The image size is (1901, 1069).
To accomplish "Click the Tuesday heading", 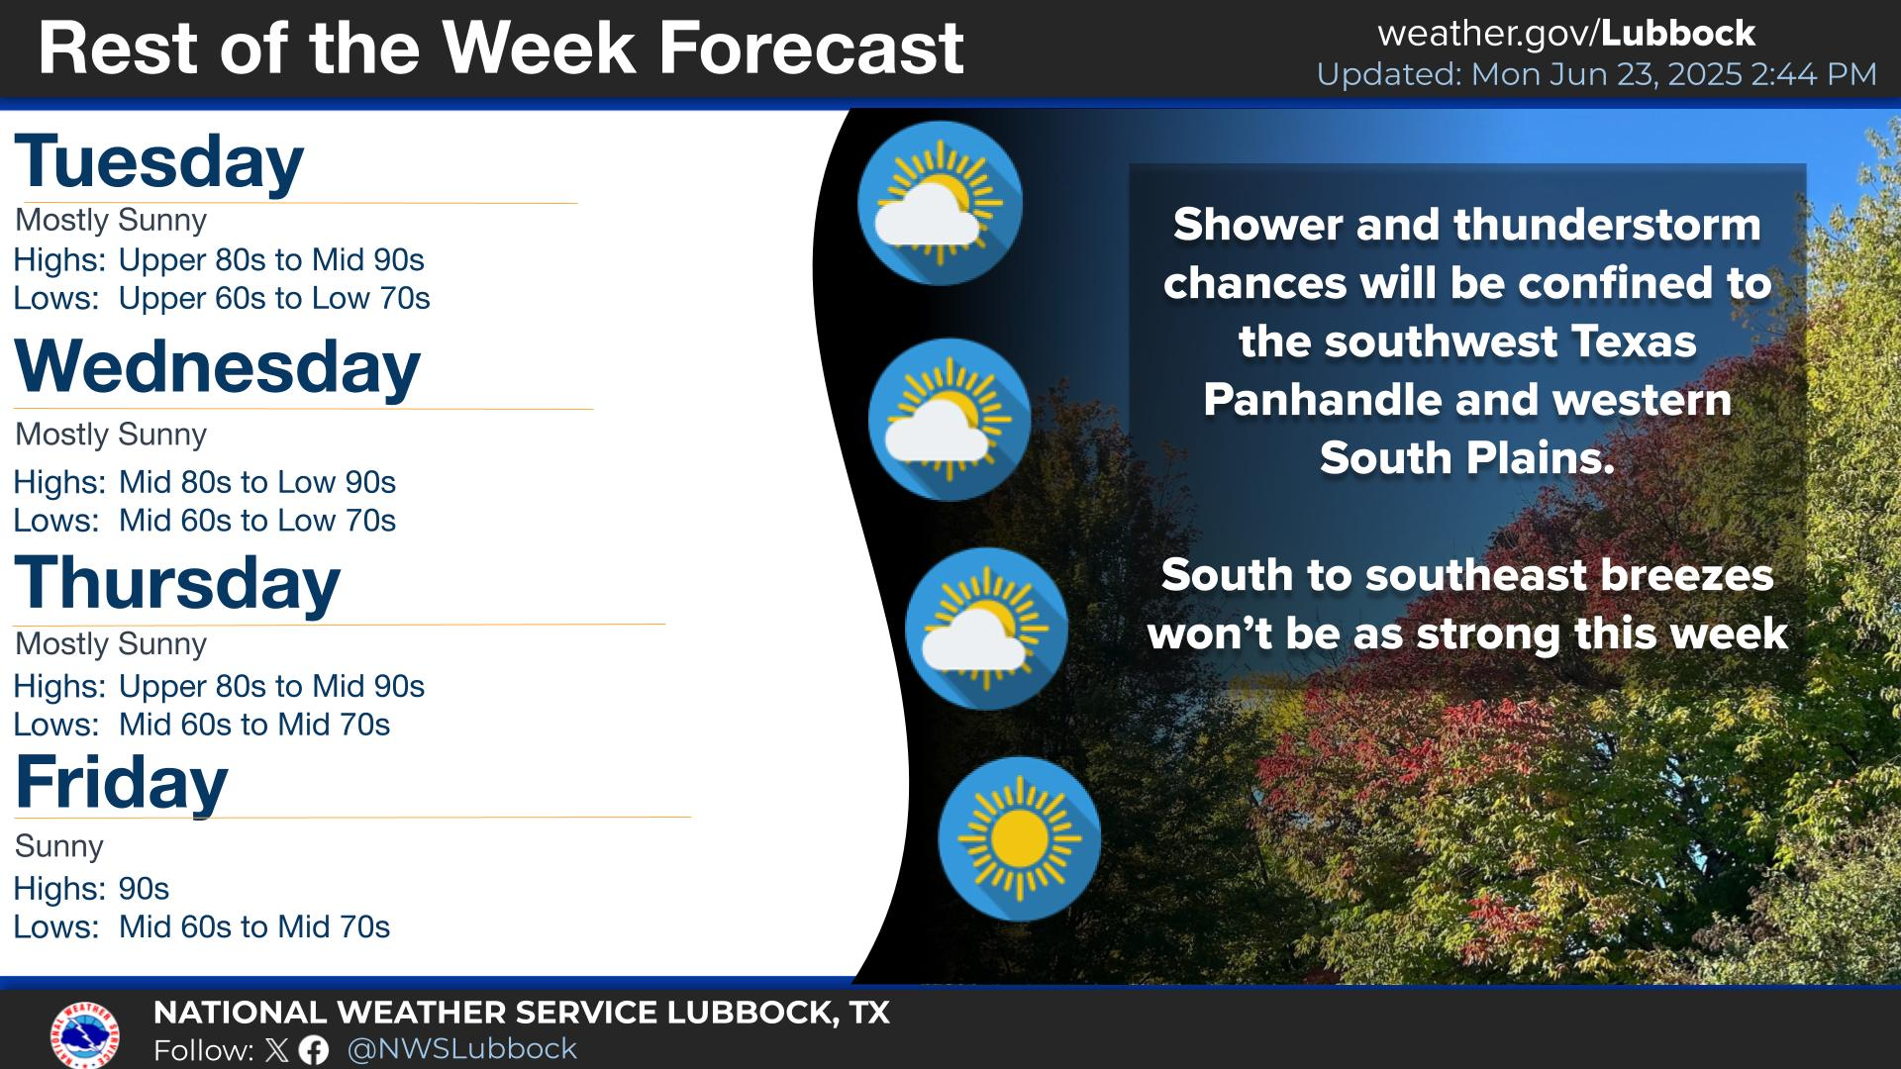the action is point(158,162).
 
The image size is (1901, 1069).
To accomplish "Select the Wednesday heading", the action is point(217,367).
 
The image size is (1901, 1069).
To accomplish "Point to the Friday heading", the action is point(121,783).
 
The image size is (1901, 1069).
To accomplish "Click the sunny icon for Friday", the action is point(1019,839).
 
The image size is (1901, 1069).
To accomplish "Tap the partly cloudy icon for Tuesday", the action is point(940,203).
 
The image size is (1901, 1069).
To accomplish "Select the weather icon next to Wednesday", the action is point(950,420).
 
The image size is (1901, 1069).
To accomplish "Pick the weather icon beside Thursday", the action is point(986,629).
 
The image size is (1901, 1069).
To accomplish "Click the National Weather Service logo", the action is point(85,1034).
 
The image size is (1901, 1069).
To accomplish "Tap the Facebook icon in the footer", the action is point(314,1050).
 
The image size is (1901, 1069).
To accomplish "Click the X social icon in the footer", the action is point(277,1050).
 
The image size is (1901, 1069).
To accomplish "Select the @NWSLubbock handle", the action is point(462,1048).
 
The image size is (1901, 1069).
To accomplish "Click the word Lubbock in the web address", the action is point(1677,34).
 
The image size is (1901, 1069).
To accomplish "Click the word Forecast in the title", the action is point(811,48).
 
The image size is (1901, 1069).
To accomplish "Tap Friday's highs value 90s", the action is point(144,889).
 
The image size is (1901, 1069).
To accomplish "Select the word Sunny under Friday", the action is point(59,846).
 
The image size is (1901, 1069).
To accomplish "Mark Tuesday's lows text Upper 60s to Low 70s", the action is point(274,299).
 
